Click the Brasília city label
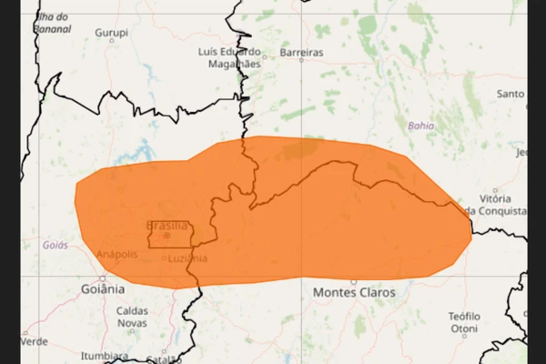pyautogui.click(x=167, y=226)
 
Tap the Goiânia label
pyautogui.click(x=101, y=288)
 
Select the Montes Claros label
pyautogui.click(x=354, y=293)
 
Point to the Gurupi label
pyautogui.click(x=112, y=33)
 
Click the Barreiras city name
pyautogui.click(x=301, y=53)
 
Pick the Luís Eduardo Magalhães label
pyautogui.click(x=229, y=57)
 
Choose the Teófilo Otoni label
pyautogui.click(x=463, y=321)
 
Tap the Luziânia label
pyautogui.click(x=188, y=258)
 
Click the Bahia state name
pyautogui.click(x=421, y=126)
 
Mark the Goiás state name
pyautogui.click(x=55, y=246)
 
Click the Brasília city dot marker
pyautogui.click(x=167, y=236)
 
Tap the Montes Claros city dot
pyautogui.click(x=353, y=282)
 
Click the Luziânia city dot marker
pyautogui.click(x=165, y=258)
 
